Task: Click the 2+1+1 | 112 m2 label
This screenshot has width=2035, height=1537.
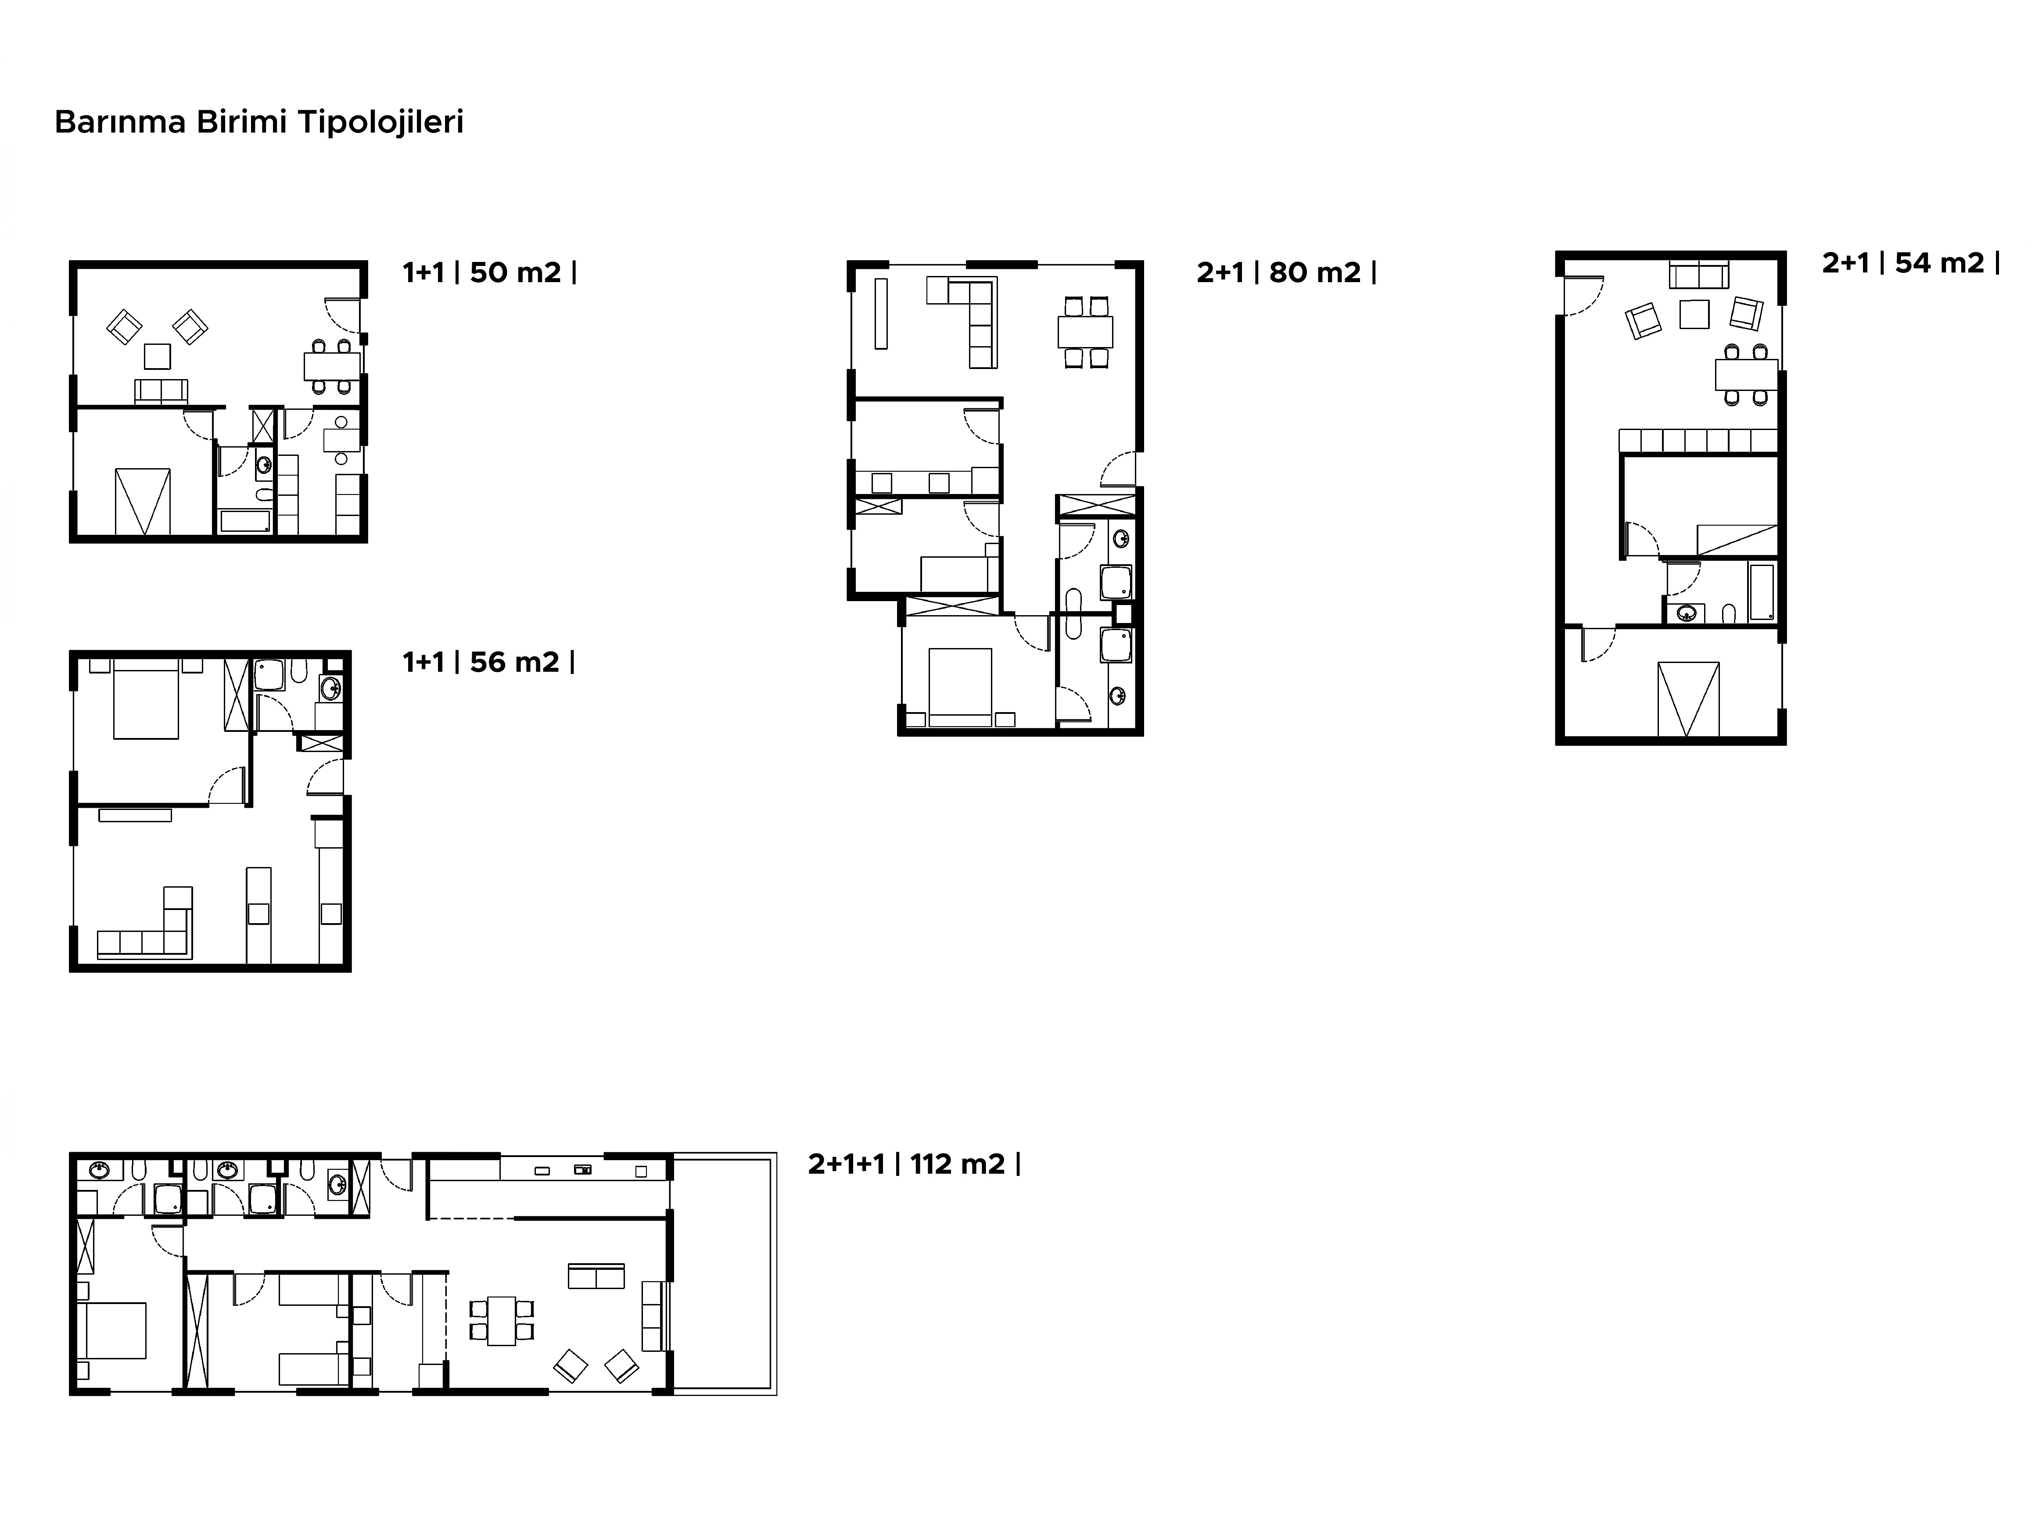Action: tap(906, 1164)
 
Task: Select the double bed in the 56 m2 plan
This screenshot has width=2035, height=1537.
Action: tap(145, 704)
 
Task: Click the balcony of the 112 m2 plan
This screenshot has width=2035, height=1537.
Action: tap(725, 1274)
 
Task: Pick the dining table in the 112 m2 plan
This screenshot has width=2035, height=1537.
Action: tap(501, 1321)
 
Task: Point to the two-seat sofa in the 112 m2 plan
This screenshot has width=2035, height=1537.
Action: tap(596, 1277)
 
